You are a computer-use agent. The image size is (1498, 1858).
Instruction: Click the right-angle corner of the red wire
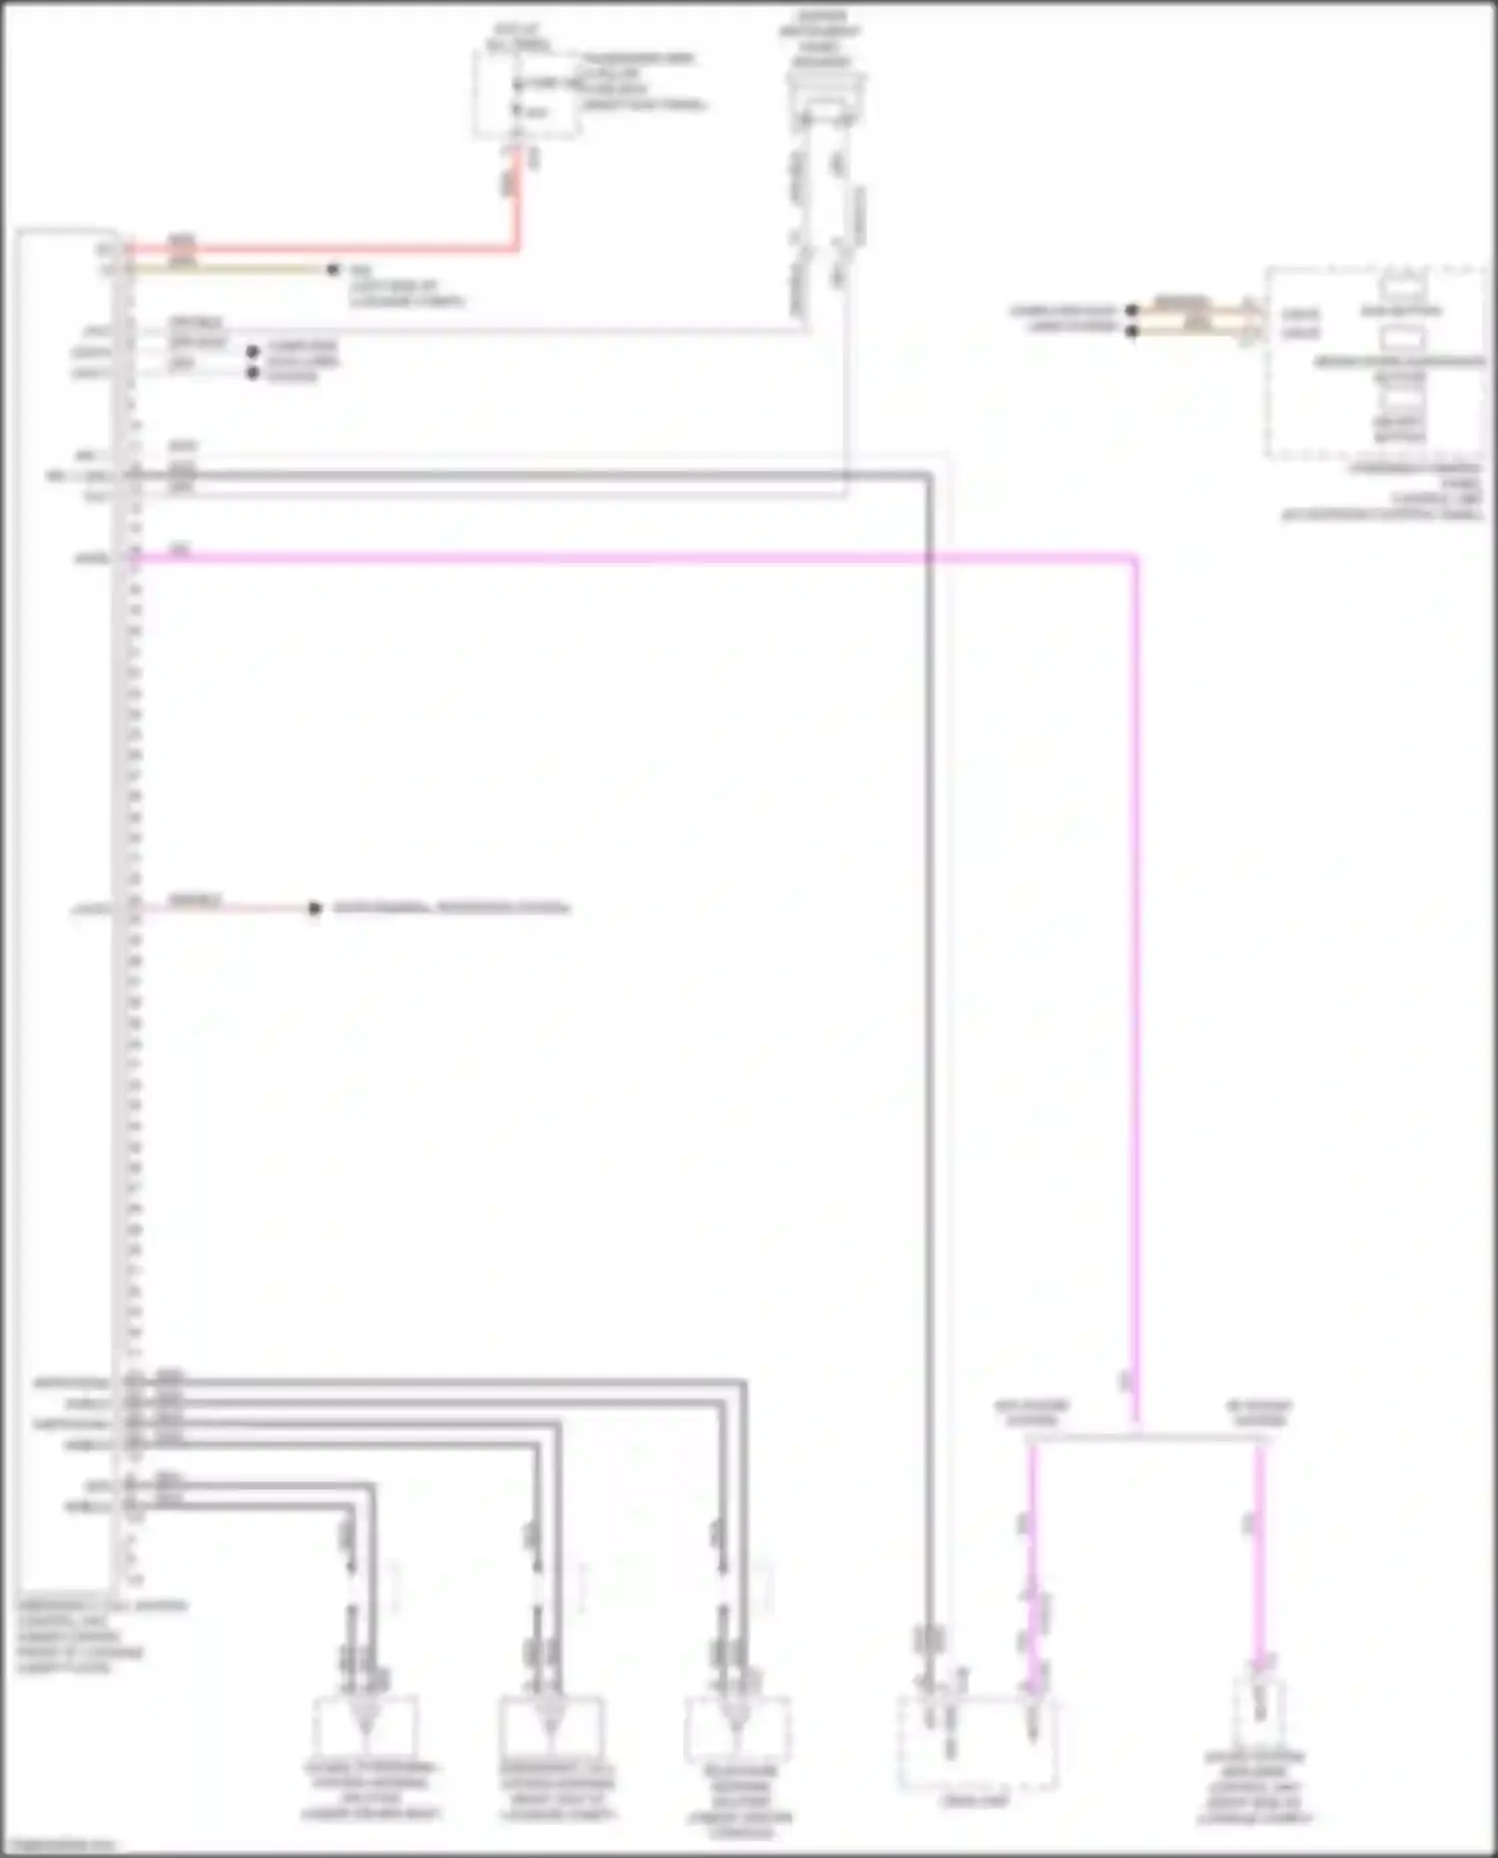pos(517,248)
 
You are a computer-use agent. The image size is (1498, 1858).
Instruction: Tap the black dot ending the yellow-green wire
pos(334,270)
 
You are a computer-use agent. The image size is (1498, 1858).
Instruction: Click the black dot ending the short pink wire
pos(315,908)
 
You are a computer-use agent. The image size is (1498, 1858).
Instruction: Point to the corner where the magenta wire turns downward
pos(1135,559)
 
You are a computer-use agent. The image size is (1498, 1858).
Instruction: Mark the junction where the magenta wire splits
pos(1135,1438)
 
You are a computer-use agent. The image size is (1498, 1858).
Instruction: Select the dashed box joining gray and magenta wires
pos(977,1742)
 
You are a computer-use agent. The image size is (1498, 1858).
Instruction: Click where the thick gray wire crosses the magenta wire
pos(929,559)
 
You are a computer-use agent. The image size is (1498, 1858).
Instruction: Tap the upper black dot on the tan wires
pos(1131,310)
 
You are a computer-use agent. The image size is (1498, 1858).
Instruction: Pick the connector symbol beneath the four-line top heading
pos(824,95)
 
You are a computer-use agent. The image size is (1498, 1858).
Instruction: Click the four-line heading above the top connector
pos(822,40)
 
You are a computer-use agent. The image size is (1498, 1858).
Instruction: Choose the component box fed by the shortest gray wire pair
pos(366,1727)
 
